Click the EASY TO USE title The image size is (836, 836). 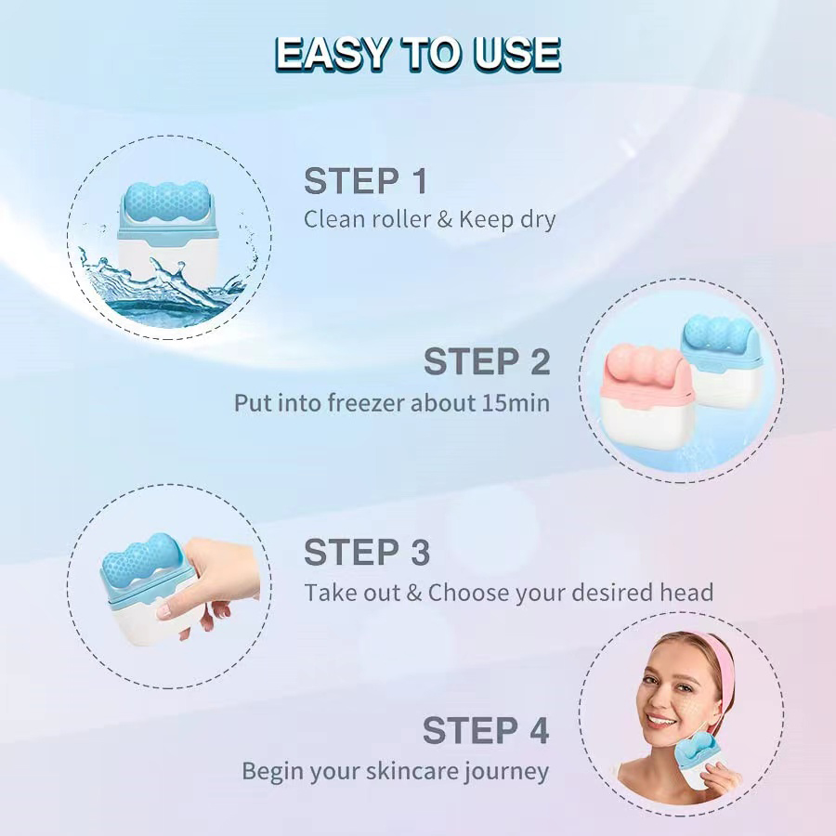click(418, 54)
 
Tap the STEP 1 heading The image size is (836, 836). click(366, 181)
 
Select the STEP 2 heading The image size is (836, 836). click(487, 361)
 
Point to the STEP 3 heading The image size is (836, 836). click(367, 552)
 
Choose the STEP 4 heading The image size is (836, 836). click(486, 730)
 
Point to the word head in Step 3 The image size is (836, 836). click(686, 592)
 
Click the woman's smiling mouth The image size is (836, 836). click(660, 720)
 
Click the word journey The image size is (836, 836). click(509, 771)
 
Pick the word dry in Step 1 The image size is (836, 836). click(536, 220)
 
